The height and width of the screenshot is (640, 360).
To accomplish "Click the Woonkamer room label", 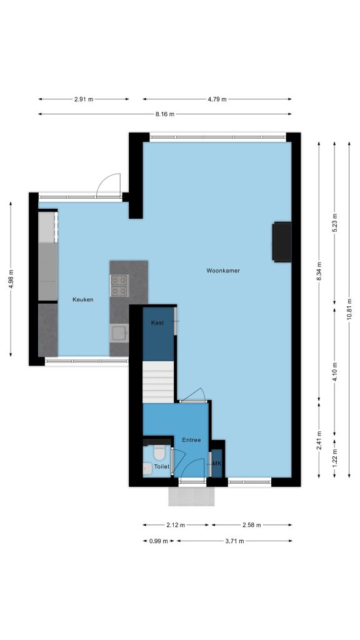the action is [x=223, y=271].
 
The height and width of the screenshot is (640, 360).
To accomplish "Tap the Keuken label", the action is [x=83, y=299].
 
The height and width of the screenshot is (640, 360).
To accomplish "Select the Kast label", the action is [x=157, y=323].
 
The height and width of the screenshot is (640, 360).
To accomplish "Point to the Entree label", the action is [x=191, y=440].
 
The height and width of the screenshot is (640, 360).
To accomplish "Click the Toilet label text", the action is [x=162, y=466].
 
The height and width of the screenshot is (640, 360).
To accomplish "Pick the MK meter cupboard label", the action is [x=216, y=464].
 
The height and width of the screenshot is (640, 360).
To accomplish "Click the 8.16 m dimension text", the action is [x=164, y=114].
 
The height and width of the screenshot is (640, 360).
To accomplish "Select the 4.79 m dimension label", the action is [x=217, y=99].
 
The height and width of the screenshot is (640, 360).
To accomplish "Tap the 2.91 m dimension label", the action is [x=84, y=99].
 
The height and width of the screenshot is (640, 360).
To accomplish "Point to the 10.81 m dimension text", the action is [x=349, y=310].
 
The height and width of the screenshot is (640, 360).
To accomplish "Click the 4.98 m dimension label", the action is [x=11, y=279].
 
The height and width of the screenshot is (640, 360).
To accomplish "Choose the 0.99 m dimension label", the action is [x=158, y=541].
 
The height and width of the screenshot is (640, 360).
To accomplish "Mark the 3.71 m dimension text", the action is [x=234, y=541].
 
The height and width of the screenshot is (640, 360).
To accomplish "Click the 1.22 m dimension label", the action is [x=335, y=457].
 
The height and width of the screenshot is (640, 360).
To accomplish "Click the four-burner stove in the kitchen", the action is [x=119, y=285].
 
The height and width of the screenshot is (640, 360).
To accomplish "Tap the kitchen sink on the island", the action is [x=119, y=333].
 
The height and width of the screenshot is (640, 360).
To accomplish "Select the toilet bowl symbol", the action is [x=159, y=452].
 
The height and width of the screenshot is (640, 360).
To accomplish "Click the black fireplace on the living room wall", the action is [x=282, y=242].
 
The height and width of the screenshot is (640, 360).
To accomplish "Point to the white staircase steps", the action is [x=158, y=382].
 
